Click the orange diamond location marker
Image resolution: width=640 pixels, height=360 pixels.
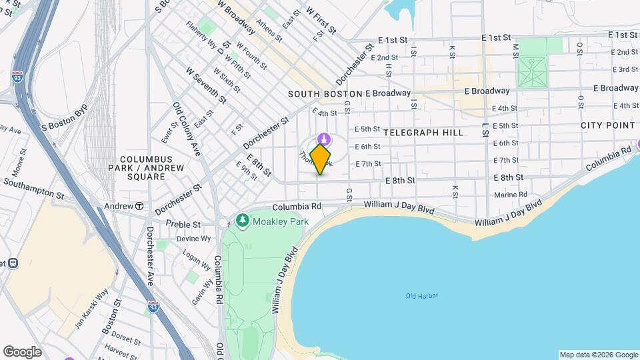pyautogui.click(x=321, y=159)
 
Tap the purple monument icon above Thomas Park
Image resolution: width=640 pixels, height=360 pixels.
pyautogui.click(x=323, y=139)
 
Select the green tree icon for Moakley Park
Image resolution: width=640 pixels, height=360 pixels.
pyautogui.click(x=243, y=220)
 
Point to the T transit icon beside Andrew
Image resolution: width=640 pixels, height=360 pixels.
pyautogui.click(x=139, y=206)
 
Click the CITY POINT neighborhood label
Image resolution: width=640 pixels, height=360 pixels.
pyautogui.click(x=607, y=125)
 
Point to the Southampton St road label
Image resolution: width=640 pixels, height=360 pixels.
pyautogui.click(x=33, y=189)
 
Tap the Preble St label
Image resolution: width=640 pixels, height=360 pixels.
pyautogui.click(x=183, y=225)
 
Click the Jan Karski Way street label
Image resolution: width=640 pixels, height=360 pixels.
pyautogui.click(x=91, y=309)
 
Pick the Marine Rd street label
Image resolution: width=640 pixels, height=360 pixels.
pyautogui.click(x=511, y=195)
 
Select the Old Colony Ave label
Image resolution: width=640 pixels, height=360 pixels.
pyautogui.click(x=187, y=129)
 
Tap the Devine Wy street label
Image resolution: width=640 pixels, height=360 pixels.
pyautogui.click(x=193, y=239)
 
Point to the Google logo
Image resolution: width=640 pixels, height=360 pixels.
pyautogui.click(x=22, y=352)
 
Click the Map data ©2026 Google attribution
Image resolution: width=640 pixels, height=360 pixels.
pyautogui.click(x=599, y=355)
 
